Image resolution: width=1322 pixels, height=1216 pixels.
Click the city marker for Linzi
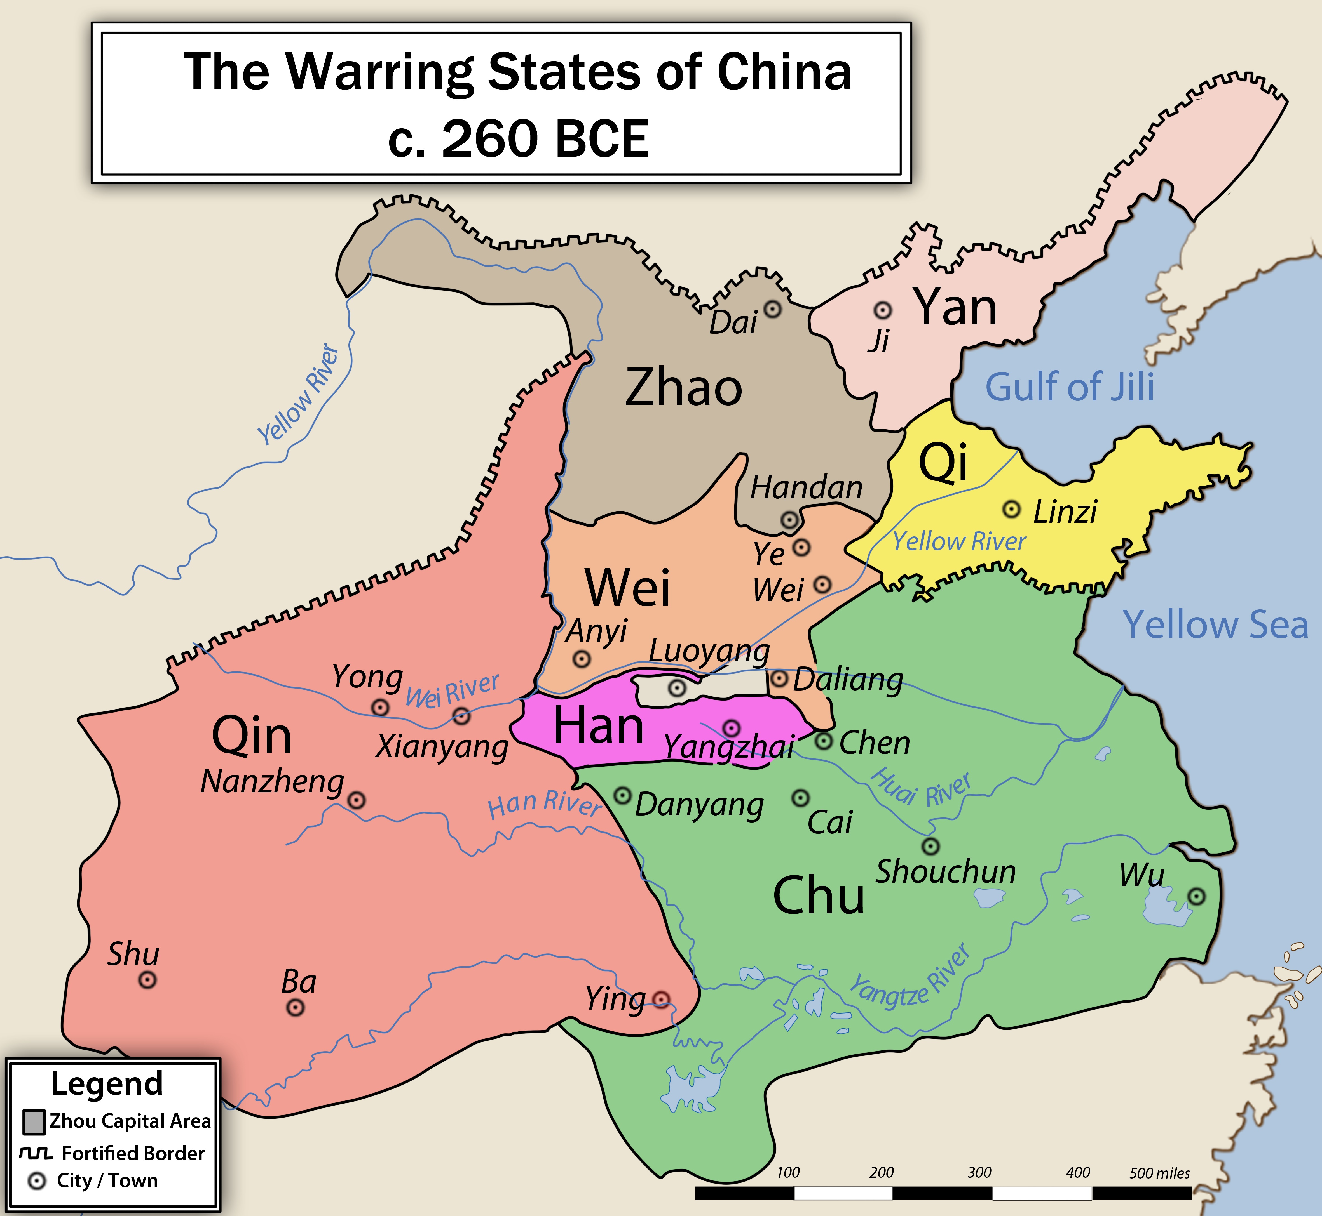coord(1011,509)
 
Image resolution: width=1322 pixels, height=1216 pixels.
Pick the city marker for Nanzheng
coord(356,800)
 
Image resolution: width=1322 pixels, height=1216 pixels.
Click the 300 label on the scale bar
coord(979,1172)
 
